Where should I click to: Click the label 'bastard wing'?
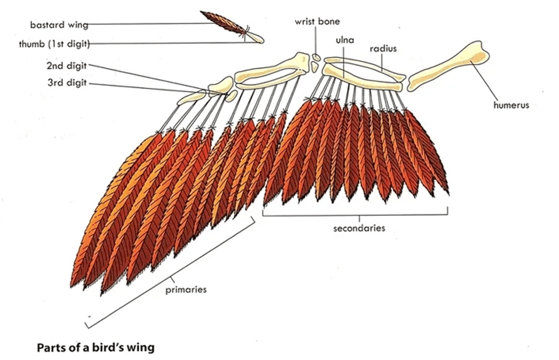(x=59, y=25)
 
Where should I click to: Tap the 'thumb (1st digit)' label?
(x=54, y=44)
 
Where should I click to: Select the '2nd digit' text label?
(x=67, y=66)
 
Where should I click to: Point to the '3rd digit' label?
(x=67, y=83)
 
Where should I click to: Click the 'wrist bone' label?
(x=317, y=21)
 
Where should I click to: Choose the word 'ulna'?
(x=345, y=39)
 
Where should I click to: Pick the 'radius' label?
(x=383, y=49)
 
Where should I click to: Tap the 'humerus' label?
(x=511, y=105)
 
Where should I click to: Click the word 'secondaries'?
(x=359, y=228)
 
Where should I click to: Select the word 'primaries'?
(x=186, y=290)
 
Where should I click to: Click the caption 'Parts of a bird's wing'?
(x=96, y=347)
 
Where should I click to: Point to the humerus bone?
(x=449, y=66)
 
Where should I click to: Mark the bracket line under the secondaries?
(x=355, y=215)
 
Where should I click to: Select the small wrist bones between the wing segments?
(x=315, y=62)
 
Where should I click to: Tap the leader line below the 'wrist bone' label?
(x=315, y=40)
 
